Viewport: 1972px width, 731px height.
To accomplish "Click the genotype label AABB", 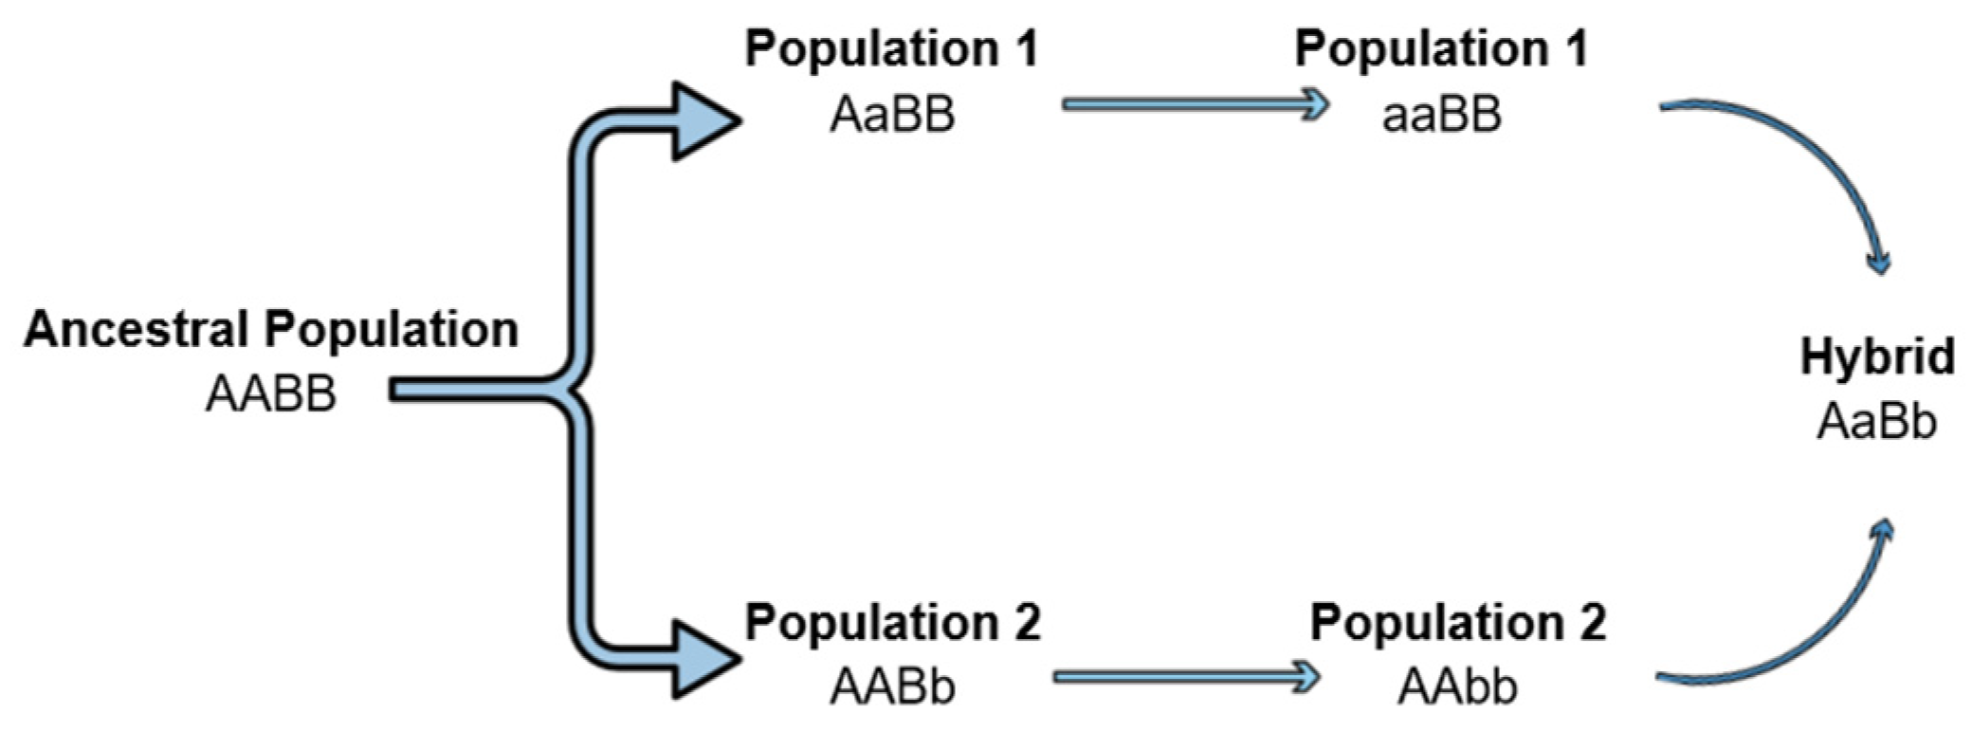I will coord(271,393).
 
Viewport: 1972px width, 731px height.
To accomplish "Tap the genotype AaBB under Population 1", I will coord(891,115).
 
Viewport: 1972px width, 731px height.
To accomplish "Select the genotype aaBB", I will coord(1441,115).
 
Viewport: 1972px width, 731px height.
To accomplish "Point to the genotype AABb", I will coord(891,686).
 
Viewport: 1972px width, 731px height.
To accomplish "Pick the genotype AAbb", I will coord(1456,686).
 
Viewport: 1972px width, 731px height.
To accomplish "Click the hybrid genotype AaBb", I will coord(1875,422).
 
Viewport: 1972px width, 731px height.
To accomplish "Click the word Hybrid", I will coord(1877,357).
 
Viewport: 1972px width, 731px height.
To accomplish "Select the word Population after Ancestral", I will coord(391,330).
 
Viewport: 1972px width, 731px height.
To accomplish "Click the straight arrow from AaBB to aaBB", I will coord(1195,104).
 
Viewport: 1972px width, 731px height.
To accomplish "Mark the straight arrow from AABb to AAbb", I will coord(1185,676).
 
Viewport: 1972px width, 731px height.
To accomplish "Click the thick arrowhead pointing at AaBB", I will coord(702,121).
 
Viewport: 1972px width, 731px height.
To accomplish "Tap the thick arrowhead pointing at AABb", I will coord(702,660).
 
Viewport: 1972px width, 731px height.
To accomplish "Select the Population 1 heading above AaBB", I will coord(891,48).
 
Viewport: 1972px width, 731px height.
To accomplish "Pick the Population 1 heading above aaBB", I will coord(1441,48).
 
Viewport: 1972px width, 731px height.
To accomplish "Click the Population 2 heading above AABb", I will coord(892,622).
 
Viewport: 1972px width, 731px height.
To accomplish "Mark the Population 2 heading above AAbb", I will coord(1457,622).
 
